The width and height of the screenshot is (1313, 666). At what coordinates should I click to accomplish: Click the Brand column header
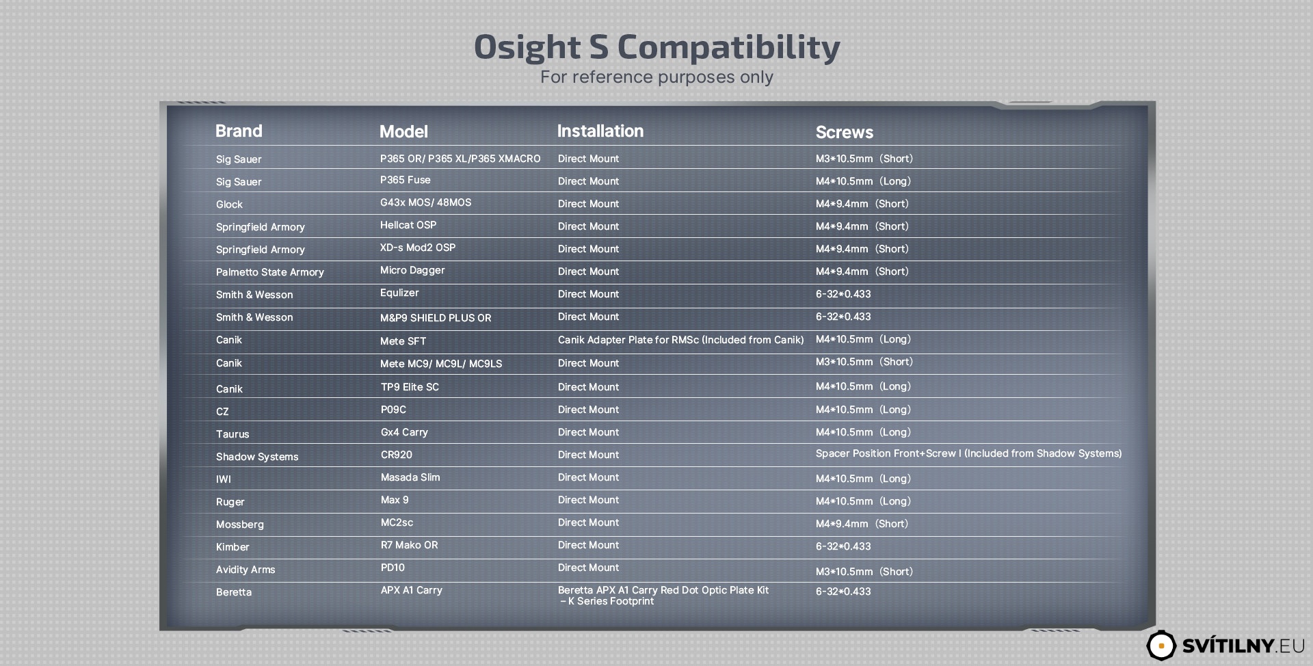[239, 131]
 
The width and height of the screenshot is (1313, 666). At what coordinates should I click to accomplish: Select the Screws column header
[844, 133]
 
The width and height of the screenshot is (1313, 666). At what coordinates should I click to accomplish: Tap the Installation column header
[600, 131]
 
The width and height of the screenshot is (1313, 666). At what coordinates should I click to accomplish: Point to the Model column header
[403, 132]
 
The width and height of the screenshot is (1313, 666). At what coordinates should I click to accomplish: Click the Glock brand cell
[229, 204]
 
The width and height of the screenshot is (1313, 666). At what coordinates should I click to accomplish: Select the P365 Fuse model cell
[405, 180]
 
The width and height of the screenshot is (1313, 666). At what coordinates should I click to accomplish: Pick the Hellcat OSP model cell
[408, 225]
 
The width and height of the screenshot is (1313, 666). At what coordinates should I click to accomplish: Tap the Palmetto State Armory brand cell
[269, 272]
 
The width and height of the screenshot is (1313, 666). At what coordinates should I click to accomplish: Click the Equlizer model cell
[399, 293]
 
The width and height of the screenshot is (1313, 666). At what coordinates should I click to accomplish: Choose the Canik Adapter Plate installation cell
[680, 340]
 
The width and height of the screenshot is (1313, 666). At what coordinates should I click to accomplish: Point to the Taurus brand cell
[233, 434]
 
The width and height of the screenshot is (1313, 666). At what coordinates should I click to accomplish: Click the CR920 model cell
[396, 455]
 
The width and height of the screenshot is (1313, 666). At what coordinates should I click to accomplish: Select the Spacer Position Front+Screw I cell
[968, 453]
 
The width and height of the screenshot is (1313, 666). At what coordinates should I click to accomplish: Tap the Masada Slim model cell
[410, 477]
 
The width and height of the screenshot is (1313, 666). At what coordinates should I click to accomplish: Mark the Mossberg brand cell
[239, 524]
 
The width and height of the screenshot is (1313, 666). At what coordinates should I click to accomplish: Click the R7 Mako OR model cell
[409, 545]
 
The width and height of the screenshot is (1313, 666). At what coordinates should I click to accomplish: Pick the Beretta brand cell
[234, 592]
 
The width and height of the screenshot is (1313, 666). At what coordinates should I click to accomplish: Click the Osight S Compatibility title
[656, 47]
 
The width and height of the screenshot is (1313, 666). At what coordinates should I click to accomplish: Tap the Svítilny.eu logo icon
[1161, 645]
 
